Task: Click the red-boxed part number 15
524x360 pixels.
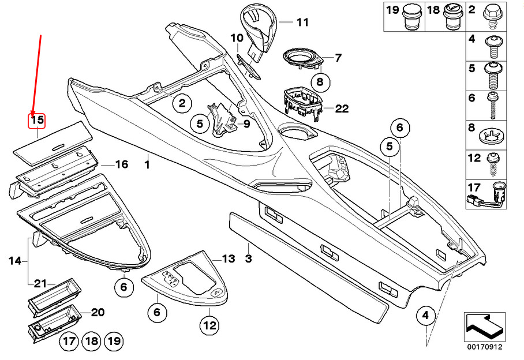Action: [38, 121]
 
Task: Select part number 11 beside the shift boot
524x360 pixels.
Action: [302, 23]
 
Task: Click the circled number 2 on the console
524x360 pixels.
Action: [182, 104]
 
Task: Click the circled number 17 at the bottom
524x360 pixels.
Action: [69, 342]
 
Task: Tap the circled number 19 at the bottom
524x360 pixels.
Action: [114, 342]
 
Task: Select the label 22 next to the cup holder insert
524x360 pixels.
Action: [342, 109]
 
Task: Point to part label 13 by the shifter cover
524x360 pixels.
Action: [229, 258]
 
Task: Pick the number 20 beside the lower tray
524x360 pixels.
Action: [98, 313]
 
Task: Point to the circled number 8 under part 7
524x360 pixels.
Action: [319, 81]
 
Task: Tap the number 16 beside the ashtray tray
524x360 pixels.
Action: [121, 165]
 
